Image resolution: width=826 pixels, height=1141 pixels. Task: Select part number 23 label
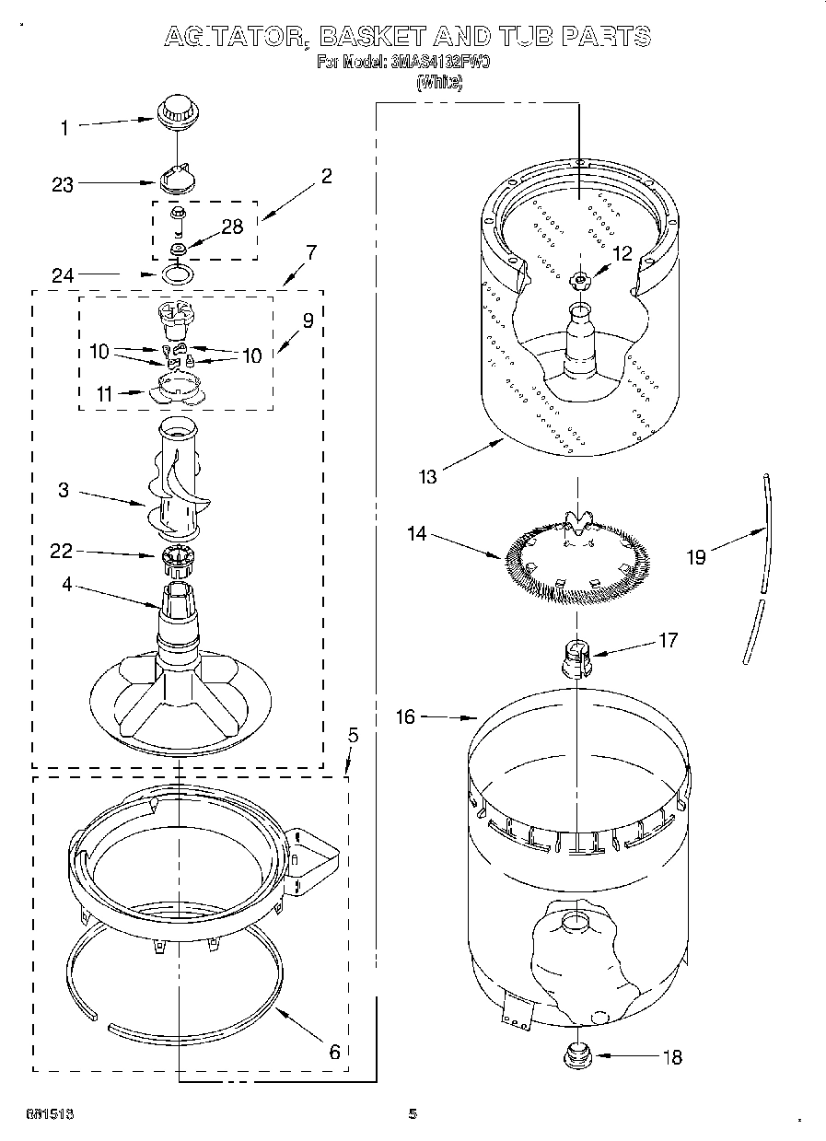click(x=63, y=185)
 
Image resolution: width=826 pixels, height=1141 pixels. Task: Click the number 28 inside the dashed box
click(x=232, y=227)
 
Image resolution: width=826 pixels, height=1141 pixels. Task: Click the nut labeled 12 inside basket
click(x=581, y=280)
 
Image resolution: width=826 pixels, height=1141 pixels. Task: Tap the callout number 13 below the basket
click(x=427, y=476)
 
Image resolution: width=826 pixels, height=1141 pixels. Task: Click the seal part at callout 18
click(x=577, y=1054)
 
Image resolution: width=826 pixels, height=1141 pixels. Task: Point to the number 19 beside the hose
click(x=696, y=556)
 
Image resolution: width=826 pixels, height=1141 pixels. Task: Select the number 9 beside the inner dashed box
click(x=308, y=320)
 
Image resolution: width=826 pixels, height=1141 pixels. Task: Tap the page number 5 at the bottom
click(x=413, y=1114)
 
